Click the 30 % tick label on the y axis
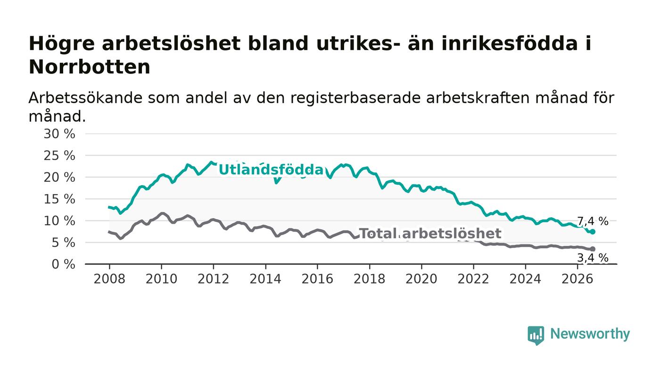pyautogui.click(x=59, y=134)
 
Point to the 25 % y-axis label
pyautogui.click(x=59, y=155)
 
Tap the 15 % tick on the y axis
pyautogui.click(x=59, y=199)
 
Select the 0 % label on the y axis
pyautogui.click(x=63, y=264)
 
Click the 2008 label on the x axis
pyautogui.click(x=109, y=279)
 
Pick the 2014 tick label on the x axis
pyautogui.click(x=265, y=279)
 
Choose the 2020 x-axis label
pyautogui.click(x=421, y=279)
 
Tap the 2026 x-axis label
pyautogui.click(x=577, y=279)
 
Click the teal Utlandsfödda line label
pyautogui.click(x=271, y=170)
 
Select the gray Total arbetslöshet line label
pyautogui.click(x=430, y=234)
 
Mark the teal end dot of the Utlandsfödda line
pyautogui.click(x=593, y=232)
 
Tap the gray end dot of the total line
pyautogui.click(x=593, y=249)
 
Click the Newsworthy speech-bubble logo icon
pyautogui.click(x=536, y=335)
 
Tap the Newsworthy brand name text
pyautogui.click(x=590, y=334)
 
